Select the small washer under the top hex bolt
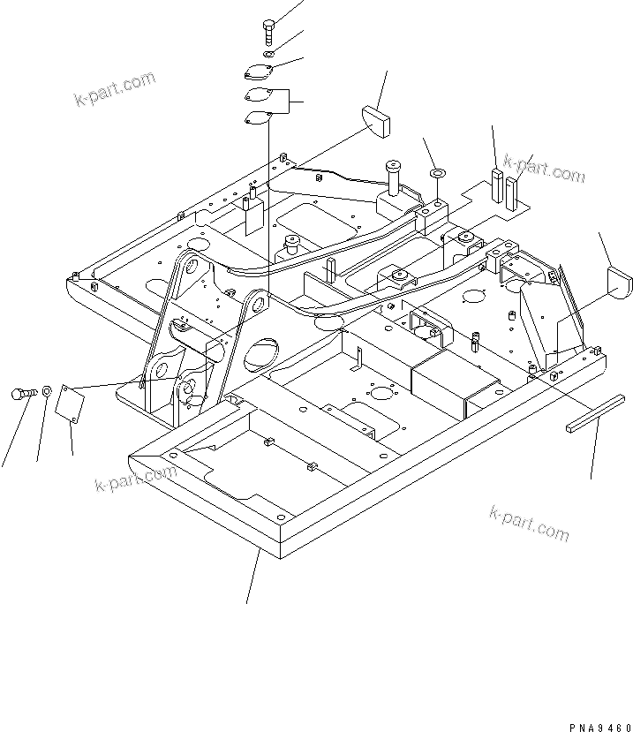268,55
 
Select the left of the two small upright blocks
498,185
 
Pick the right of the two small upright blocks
512,189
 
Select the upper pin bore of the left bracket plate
188,266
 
